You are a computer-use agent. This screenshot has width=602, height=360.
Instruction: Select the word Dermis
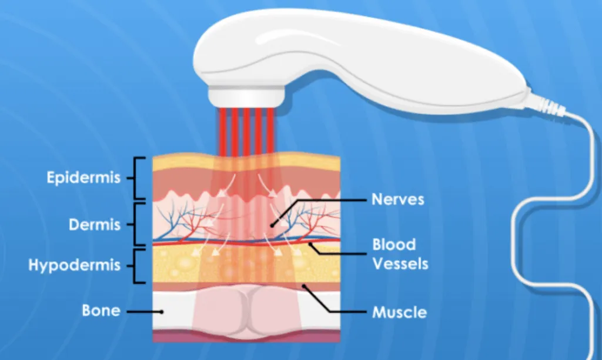click(x=95, y=224)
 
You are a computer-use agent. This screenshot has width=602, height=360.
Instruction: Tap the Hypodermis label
click(x=74, y=265)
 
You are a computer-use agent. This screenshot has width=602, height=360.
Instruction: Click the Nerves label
click(x=397, y=199)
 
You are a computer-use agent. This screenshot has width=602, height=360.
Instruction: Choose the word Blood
click(x=394, y=244)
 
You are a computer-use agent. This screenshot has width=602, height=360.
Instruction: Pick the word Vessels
click(x=400, y=263)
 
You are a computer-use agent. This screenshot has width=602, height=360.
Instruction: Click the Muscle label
click(x=399, y=311)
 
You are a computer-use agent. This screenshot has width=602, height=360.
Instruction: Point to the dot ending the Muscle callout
click(x=304, y=286)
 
